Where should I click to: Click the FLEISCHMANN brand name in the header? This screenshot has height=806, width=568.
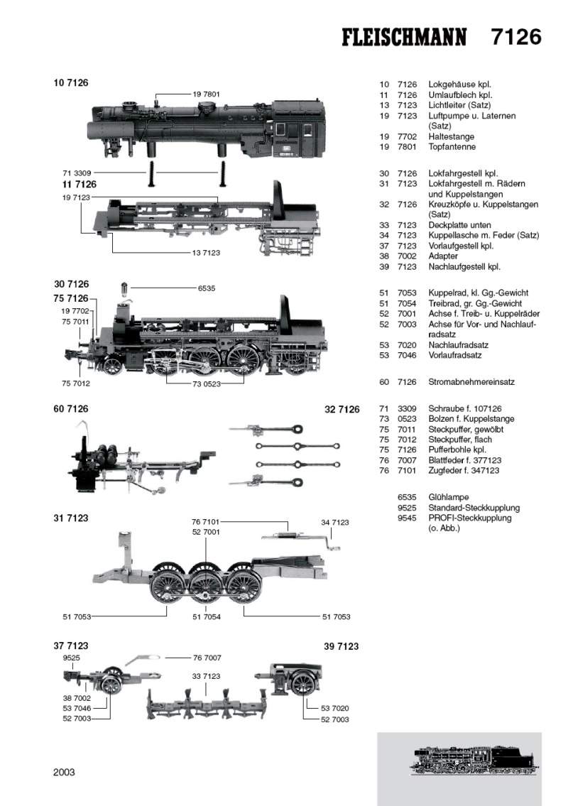404,38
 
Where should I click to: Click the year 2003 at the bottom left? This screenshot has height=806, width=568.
64,772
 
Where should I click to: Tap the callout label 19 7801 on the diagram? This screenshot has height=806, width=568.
206,94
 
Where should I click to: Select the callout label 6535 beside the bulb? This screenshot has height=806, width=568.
207,288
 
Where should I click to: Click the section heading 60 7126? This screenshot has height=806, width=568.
70,409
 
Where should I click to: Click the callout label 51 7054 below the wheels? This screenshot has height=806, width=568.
207,616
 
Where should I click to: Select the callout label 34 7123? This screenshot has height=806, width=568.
335,522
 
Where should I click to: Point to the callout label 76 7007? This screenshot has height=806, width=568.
207,657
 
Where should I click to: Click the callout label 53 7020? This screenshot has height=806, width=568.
335,708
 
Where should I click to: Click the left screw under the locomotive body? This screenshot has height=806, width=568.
151,173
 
